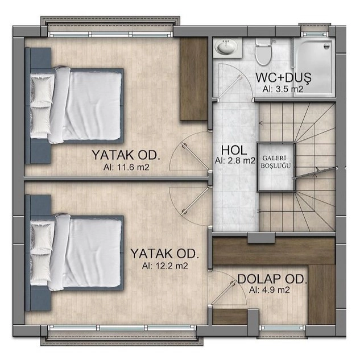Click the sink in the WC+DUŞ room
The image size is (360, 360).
[227, 47]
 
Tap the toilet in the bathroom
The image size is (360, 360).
[263, 51]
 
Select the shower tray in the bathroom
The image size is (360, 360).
[313, 67]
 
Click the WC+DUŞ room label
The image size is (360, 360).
[283, 77]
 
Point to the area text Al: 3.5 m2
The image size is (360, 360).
[283, 89]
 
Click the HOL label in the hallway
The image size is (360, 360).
[234, 150]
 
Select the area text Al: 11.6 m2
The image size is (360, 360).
[126, 167]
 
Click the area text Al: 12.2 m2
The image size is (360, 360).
[165, 266]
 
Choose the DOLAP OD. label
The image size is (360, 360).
[272, 279]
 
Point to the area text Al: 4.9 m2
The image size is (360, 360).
[270, 290]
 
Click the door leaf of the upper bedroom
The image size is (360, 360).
[196, 157]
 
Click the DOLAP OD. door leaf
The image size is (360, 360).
[223, 293]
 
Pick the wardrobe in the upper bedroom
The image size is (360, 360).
[194, 78]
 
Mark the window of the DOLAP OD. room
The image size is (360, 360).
[283, 328]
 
